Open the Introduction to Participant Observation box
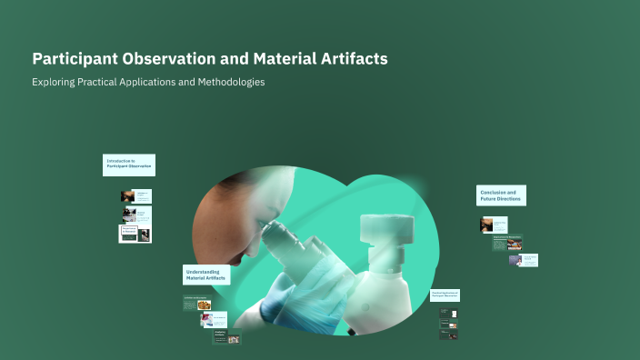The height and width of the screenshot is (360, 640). (x=128, y=165)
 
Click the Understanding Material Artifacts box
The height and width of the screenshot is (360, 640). (x=206, y=275)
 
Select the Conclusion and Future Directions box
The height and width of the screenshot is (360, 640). (x=501, y=195)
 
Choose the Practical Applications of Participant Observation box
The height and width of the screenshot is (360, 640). (x=445, y=295)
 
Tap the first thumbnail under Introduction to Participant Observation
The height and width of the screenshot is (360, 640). (x=135, y=196)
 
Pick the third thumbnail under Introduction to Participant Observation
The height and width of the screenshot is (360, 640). (x=135, y=234)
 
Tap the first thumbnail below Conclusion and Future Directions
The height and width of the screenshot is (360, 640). (x=494, y=225)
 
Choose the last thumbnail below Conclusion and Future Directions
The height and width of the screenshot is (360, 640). (x=523, y=260)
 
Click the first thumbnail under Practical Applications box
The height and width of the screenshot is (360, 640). (x=448, y=313)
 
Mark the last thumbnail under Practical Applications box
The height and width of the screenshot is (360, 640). (x=448, y=334)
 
